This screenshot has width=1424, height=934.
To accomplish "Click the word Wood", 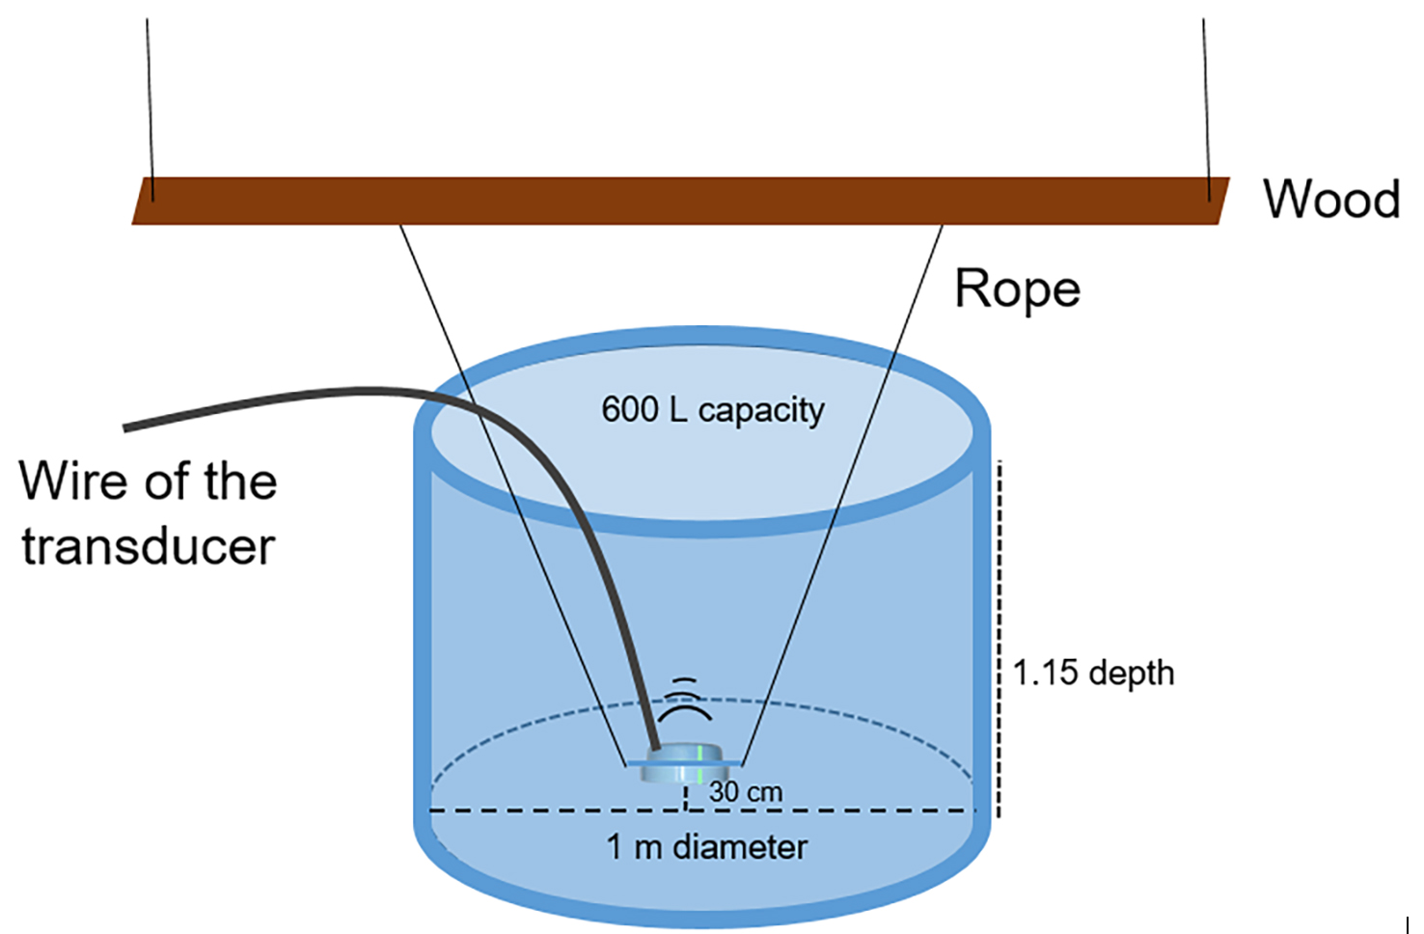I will [1331, 200].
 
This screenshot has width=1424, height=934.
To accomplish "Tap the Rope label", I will [1017, 289].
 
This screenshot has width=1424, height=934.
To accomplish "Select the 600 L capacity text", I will [712, 410].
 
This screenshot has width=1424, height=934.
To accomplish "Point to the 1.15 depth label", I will [1093, 673].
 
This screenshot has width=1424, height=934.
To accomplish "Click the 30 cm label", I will [745, 792].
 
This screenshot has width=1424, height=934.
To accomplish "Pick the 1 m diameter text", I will [706, 847].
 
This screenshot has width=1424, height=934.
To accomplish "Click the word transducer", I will [149, 547].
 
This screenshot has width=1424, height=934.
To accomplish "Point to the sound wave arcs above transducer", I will [684, 702].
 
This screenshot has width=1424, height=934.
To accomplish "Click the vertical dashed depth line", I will [1000, 637].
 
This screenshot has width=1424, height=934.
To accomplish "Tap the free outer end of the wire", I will [128, 426].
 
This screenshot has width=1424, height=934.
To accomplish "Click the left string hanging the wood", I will [149, 96].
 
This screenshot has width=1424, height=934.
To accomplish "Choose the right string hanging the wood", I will [1205, 96].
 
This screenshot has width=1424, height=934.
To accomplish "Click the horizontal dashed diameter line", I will [560, 810].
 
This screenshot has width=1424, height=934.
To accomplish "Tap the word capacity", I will [761, 411].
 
